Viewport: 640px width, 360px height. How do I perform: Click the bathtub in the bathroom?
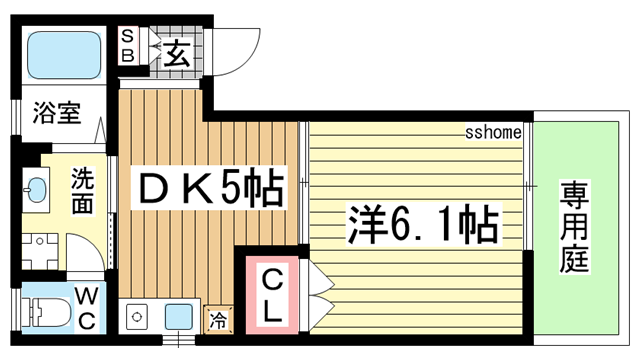pyautogui.click(x=65, y=56)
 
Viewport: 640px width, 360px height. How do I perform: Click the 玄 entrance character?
pyautogui.click(x=176, y=51)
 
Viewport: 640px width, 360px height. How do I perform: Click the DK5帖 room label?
pyautogui.click(x=209, y=187)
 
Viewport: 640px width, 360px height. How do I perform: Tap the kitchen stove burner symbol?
pyautogui.click(x=136, y=317)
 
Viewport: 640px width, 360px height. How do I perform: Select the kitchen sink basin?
pyautogui.click(x=180, y=316)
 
